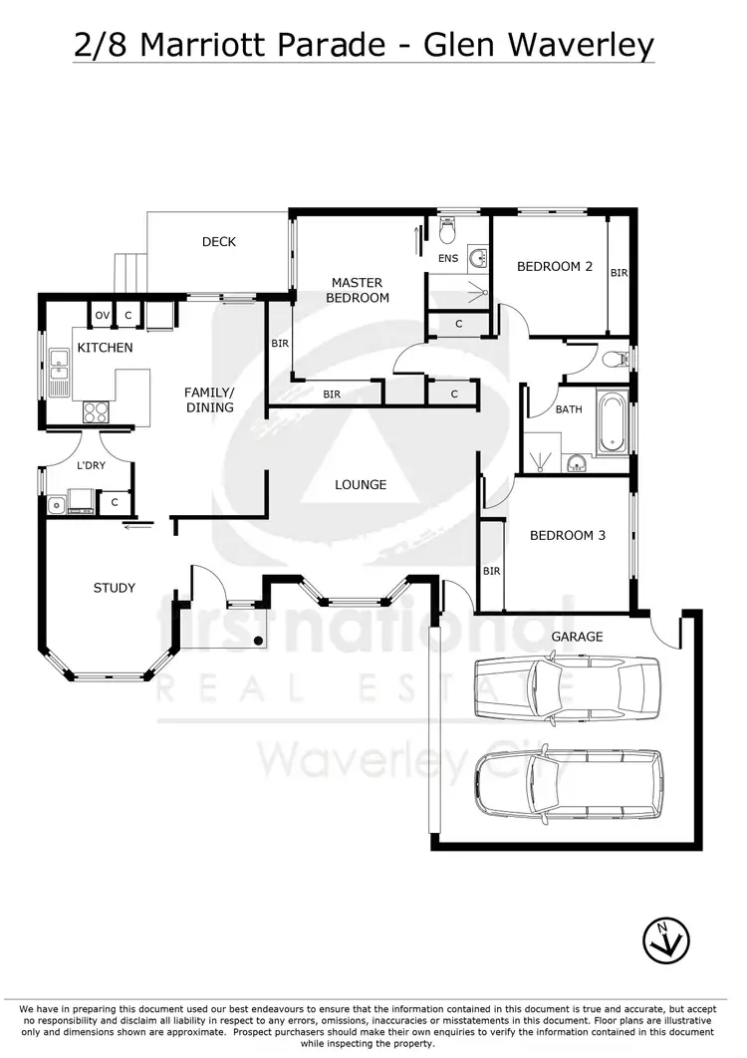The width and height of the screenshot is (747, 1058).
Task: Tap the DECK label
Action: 218,242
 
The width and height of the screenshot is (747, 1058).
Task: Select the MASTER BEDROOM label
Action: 358,290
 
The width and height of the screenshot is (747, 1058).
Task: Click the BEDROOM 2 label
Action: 555,266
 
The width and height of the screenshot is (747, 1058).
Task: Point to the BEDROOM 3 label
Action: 567,535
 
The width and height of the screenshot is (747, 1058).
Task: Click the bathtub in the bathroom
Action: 612,422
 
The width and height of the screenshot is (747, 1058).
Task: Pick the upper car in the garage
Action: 566,687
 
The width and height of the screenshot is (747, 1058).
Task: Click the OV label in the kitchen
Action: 102,316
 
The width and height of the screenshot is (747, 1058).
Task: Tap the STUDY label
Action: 115,588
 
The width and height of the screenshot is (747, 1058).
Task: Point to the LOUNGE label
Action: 360,484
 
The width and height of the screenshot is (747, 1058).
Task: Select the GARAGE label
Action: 577,636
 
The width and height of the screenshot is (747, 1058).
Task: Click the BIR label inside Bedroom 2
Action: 620,272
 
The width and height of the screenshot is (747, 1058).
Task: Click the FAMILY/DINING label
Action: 209,399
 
